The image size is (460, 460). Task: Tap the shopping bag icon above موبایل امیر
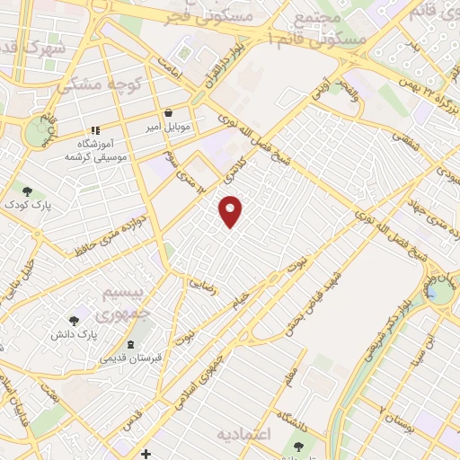coord(168,114)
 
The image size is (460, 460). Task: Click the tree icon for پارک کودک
coord(28,190)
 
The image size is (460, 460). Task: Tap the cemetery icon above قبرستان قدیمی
coord(131,344)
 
